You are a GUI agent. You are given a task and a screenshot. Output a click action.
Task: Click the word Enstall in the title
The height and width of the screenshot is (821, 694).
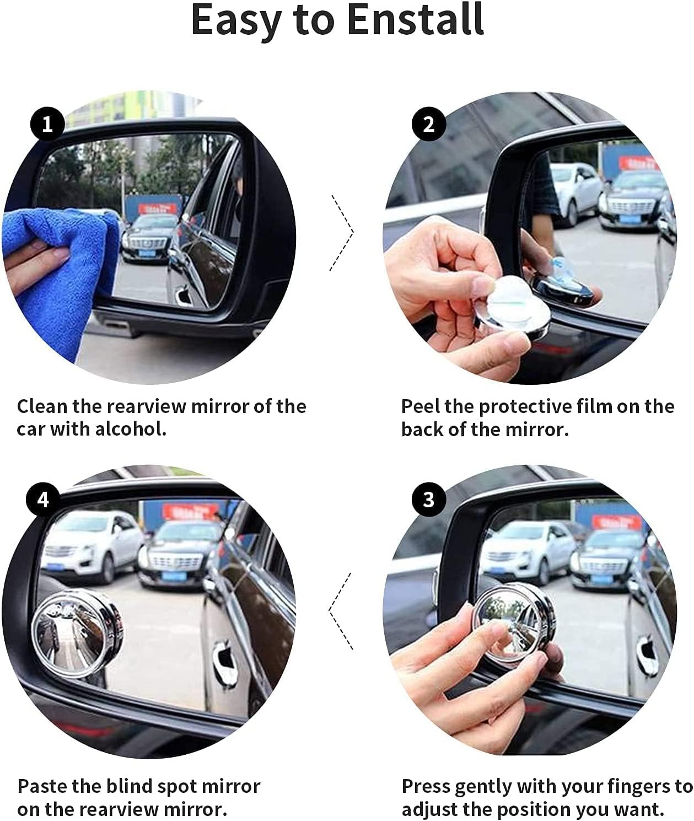pyautogui.click(x=416, y=19)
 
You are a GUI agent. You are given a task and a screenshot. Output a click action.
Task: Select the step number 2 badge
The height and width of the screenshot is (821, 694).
pyautogui.click(x=428, y=124)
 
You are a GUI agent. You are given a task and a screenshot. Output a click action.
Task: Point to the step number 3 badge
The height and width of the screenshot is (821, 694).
pyautogui.click(x=428, y=500)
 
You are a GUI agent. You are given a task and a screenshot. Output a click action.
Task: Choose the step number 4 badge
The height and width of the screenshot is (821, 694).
pyautogui.click(x=43, y=500)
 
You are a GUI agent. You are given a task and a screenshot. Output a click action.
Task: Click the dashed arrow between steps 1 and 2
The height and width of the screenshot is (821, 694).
pyautogui.click(x=342, y=233)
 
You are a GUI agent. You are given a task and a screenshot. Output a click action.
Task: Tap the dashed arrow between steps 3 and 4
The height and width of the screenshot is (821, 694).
pyautogui.click(x=341, y=611)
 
